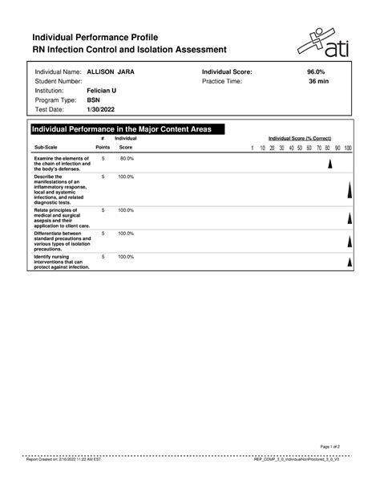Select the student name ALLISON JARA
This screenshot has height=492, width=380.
[111, 72]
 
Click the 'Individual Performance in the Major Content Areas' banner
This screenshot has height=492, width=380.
[126, 129]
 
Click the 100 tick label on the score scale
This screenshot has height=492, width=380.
[348, 148]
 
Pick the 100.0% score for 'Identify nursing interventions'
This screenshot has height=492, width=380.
[126, 257]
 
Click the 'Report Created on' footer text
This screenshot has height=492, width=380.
[63, 462]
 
